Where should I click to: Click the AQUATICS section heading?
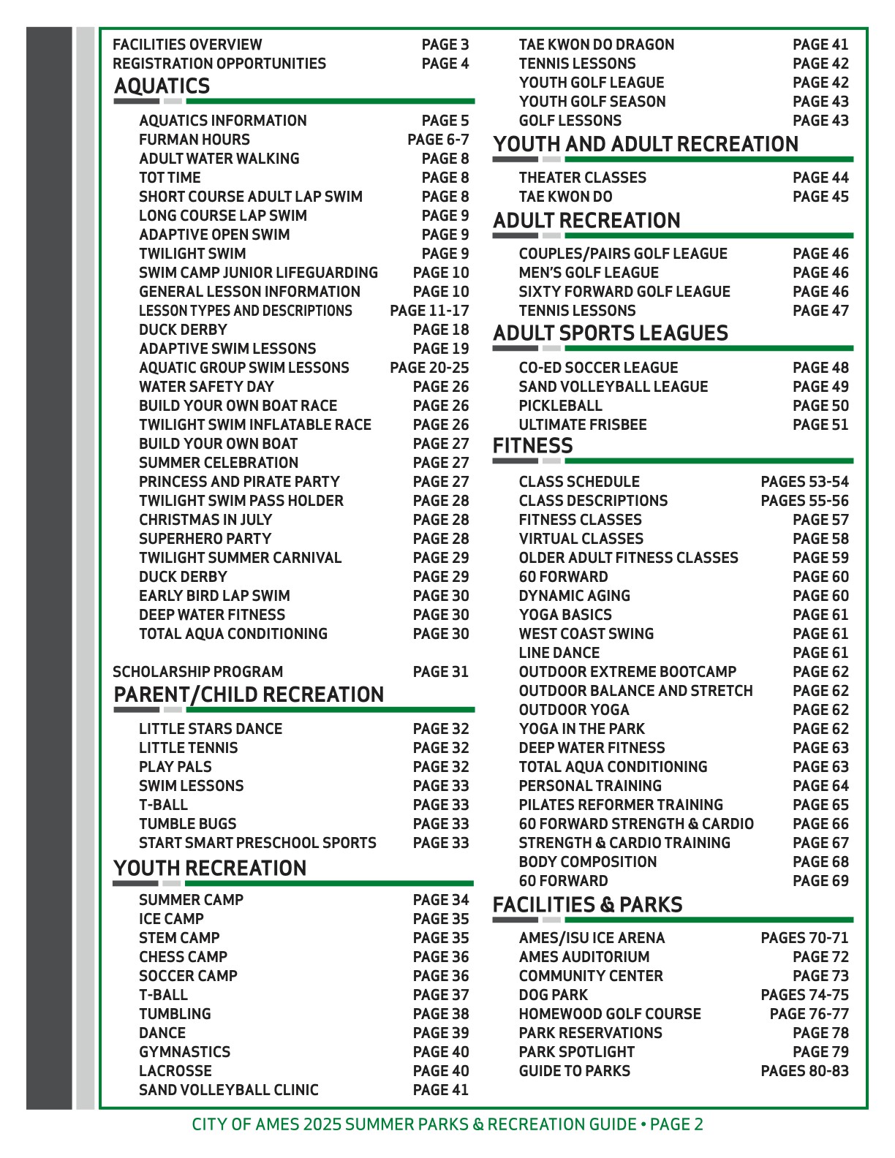162,86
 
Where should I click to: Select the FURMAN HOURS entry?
195,140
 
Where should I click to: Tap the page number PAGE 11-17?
429,311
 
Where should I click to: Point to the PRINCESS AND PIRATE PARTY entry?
239,482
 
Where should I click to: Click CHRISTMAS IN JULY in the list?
205,520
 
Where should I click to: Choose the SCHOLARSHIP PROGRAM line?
197,672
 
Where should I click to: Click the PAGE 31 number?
440,672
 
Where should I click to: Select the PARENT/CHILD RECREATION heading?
249,695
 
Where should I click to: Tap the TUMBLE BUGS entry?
188,824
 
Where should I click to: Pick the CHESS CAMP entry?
183,957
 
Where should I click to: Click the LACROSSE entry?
175,1071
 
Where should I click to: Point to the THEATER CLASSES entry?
582,178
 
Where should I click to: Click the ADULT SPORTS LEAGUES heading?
611,333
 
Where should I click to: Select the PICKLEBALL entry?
561,406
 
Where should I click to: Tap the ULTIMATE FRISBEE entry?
583,425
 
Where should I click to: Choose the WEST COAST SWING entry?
586,634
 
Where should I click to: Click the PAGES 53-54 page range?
804,482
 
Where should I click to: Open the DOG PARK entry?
553,995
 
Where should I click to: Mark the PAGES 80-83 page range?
804,1071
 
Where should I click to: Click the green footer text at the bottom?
447,1124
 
